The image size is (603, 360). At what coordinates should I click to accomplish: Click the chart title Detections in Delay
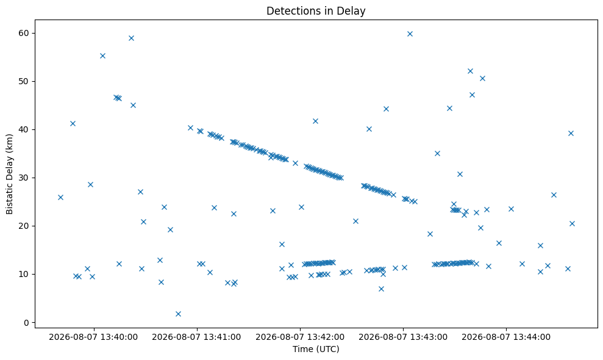pyautogui.click(x=316, y=11)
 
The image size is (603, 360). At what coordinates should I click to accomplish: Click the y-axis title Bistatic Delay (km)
pyautogui.click(x=9, y=174)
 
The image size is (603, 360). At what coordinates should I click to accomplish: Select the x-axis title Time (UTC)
pyautogui.click(x=316, y=349)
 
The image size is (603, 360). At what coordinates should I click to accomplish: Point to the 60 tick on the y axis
pyautogui.click(x=24, y=33)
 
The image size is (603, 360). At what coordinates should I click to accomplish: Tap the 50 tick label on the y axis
pyautogui.click(x=24, y=81)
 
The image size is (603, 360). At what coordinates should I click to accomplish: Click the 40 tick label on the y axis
pyautogui.click(x=24, y=129)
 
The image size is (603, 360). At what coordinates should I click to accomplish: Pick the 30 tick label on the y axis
pyautogui.click(x=24, y=178)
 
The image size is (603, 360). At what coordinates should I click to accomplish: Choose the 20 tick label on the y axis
pyautogui.click(x=24, y=226)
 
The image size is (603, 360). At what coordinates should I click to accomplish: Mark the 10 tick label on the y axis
pyautogui.click(x=24, y=274)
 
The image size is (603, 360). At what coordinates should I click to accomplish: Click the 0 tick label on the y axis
pyautogui.click(x=27, y=323)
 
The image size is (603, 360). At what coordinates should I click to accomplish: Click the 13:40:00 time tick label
pyautogui.click(x=93, y=337)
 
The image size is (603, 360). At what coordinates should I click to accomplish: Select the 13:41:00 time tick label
pyautogui.click(x=196, y=337)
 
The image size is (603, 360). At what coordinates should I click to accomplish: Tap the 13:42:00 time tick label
pyautogui.click(x=300, y=337)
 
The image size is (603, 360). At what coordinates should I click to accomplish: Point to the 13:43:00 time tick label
pyautogui.click(x=403, y=337)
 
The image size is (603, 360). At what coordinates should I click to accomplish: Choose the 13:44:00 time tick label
pyautogui.click(x=506, y=337)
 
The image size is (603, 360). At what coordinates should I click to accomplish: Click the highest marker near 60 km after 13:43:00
pyautogui.click(x=410, y=34)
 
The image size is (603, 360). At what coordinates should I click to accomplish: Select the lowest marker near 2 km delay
pyautogui.click(x=178, y=314)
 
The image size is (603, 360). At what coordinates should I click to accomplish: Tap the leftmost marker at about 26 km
pyautogui.click(x=60, y=197)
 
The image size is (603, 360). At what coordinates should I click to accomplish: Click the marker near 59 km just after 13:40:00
pyautogui.click(x=131, y=38)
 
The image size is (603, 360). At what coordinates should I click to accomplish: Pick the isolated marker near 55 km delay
pyautogui.click(x=102, y=56)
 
